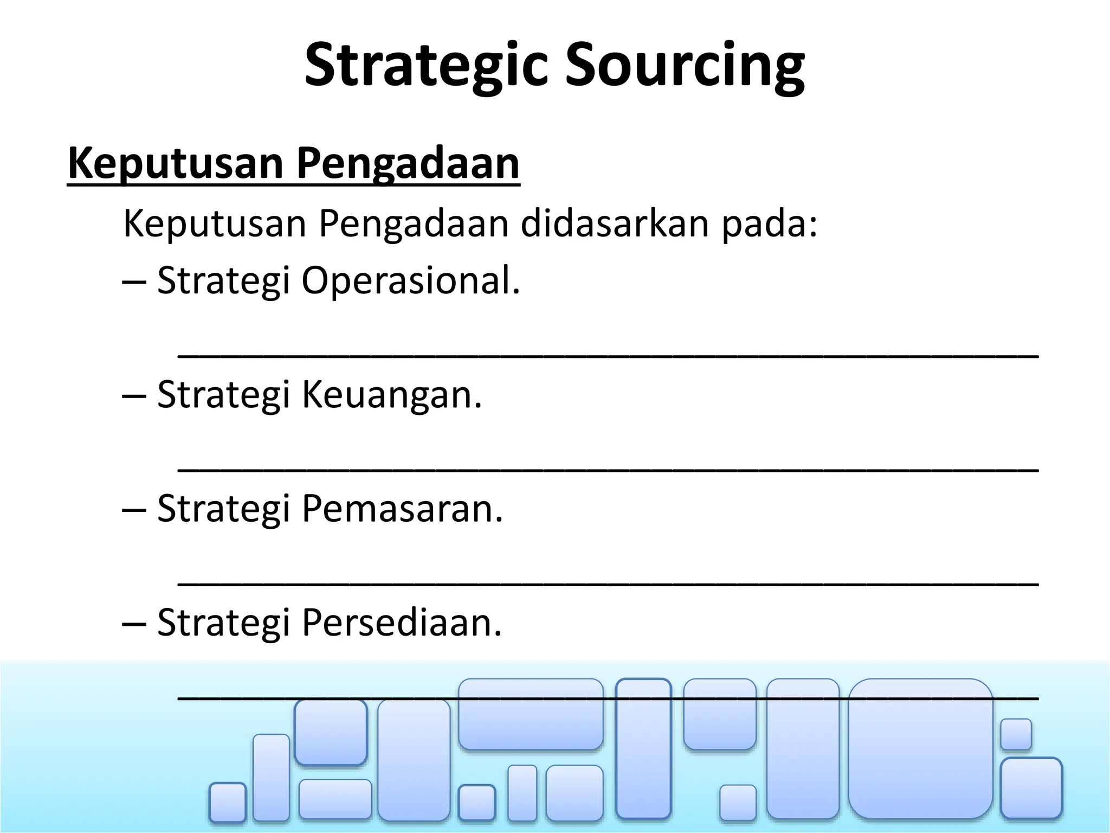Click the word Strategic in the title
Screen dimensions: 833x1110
tap(428, 65)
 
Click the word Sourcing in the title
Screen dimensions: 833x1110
tap(685, 65)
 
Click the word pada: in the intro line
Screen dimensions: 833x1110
tap(769, 223)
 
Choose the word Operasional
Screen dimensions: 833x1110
tap(410, 281)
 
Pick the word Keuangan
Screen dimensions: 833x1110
tap(391, 394)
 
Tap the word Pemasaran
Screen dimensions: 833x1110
tap(402, 508)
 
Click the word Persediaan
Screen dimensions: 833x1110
tap(402, 622)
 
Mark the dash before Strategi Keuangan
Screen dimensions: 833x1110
tap(134, 396)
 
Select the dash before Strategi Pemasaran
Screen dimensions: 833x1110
tap(134, 510)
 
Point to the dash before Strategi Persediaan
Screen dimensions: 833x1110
tap(134, 624)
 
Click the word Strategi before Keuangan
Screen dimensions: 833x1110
tap(223, 394)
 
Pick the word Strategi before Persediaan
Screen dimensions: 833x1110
tap(223, 622)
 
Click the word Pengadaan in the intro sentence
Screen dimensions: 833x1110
tap(414, 223)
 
